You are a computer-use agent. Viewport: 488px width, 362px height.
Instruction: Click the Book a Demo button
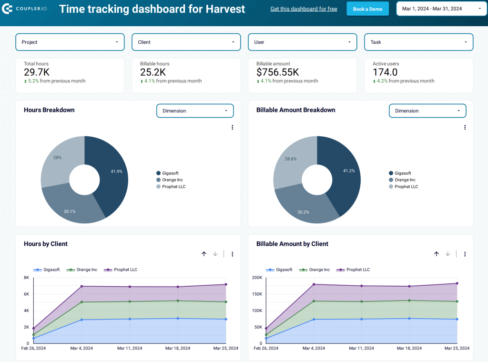tap(367, 9)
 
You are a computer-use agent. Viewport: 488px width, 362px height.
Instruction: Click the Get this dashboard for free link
tap(304, 9)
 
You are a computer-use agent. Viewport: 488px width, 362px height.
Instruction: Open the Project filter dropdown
tap(70, 42)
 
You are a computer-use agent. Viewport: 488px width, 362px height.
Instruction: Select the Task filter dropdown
tap(418, 42)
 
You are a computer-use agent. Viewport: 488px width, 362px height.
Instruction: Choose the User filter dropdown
tap(302, 42)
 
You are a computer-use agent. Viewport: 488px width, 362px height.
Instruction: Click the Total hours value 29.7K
tap(37, 72)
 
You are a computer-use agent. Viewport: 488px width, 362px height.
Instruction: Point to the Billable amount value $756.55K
tap(277, 72)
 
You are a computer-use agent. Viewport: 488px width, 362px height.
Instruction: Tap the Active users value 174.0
tap(385, 72)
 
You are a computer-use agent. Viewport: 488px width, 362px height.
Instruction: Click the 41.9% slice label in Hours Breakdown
tap(116, 171)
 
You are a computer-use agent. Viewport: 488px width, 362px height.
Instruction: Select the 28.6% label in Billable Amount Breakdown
tap(290, 159)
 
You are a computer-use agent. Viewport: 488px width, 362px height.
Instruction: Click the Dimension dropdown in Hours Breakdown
tap(195, 111)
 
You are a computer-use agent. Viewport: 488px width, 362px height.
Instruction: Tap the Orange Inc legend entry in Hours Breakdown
tap(172, 180)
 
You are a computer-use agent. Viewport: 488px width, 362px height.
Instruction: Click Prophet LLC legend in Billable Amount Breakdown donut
tap(406, 187)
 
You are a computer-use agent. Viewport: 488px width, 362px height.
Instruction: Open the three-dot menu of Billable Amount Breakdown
tap(465, 127)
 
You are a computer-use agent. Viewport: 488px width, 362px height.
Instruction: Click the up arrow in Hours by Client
tap(204, 254)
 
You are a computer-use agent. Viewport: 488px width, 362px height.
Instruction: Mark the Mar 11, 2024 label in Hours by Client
tap(129, 348)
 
